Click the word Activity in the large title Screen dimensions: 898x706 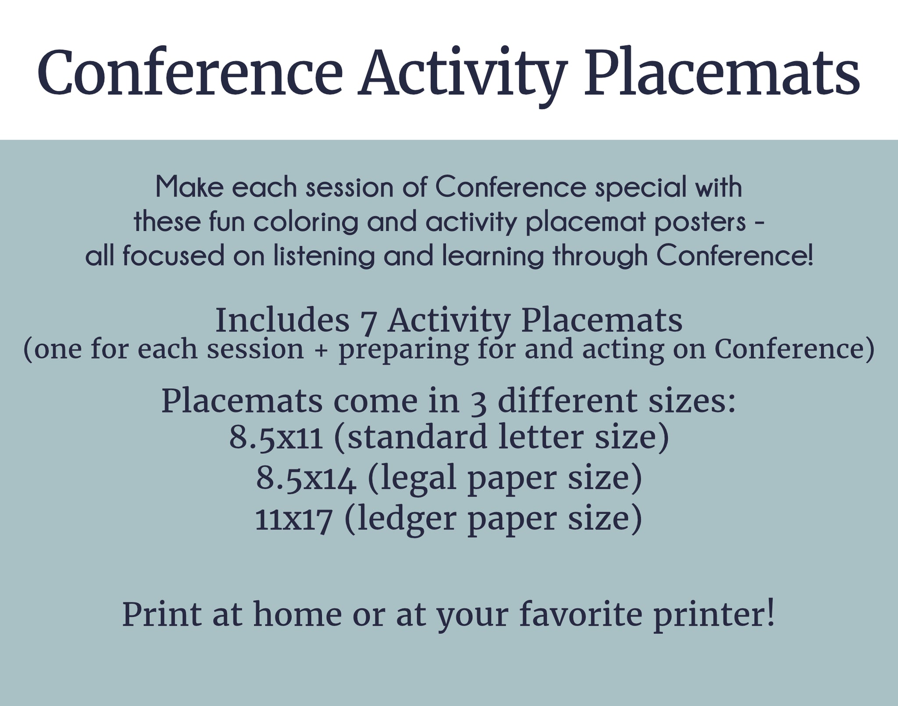(461, 73)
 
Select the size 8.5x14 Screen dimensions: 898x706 (306, 479)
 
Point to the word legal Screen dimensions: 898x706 (417, 479)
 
